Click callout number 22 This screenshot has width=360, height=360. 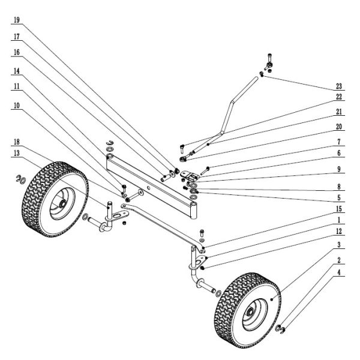[340, 97]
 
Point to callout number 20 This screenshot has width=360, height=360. [340, 128]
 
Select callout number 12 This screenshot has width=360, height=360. [340, 232]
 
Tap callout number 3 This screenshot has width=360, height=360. [340, 245]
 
